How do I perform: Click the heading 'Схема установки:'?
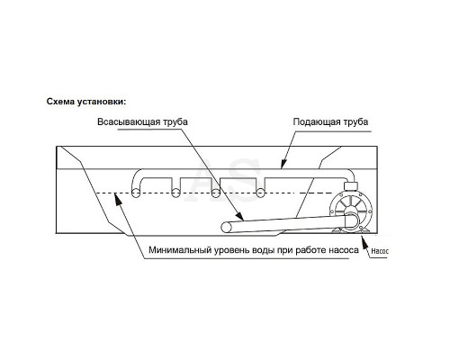86,102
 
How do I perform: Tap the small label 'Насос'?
380,251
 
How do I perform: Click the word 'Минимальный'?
180,250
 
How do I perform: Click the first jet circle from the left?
136,193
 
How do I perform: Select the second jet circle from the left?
175,193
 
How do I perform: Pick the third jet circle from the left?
215,193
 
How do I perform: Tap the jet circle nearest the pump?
260,193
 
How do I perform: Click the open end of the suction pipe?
226,228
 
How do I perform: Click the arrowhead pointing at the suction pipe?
239,216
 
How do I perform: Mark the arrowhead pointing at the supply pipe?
283,164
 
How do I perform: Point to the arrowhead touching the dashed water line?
118,199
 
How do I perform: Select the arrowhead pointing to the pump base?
364,242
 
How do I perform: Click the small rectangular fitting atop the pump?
350,186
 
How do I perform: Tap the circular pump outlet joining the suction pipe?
352,221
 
